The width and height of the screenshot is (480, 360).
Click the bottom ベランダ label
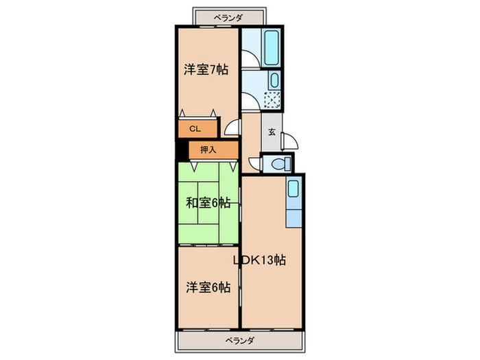point(240,341)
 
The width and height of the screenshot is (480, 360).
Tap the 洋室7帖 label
point(206,69)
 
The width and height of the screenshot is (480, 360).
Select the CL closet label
point(194,128)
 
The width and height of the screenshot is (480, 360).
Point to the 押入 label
point(208,149)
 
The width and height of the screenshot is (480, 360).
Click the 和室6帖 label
point(208,202)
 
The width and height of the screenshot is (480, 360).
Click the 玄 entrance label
point(272,132)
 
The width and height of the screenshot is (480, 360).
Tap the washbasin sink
point(274,80)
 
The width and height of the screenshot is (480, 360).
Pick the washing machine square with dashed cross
point(272,101)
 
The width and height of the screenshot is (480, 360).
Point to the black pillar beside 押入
point(180,149)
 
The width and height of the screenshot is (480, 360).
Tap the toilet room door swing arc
point(254,165)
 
